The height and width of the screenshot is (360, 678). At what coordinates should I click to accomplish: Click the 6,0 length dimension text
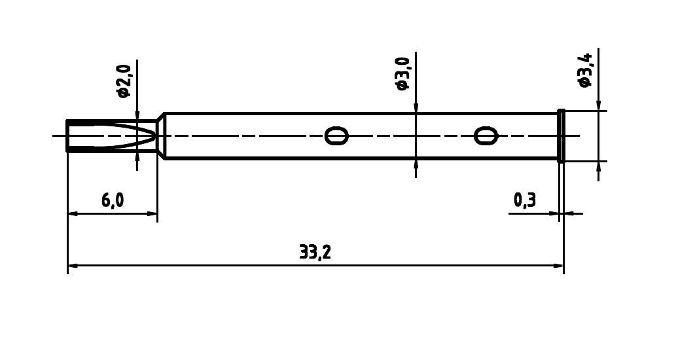113,200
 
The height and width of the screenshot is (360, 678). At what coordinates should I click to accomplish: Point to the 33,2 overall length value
315,253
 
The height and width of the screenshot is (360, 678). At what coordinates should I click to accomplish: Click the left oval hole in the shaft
336,136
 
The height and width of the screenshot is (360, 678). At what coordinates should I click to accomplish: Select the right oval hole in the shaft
485,136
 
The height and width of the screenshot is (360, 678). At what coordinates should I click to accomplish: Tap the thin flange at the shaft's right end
561,135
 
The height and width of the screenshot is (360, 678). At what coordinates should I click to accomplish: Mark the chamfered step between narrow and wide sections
160,135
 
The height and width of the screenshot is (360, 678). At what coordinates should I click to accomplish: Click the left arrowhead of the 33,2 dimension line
73,266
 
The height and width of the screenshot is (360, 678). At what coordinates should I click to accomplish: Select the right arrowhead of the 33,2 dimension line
558,266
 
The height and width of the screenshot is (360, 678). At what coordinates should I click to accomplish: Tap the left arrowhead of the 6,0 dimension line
73,213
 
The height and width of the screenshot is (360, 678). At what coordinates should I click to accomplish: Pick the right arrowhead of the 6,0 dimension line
152,213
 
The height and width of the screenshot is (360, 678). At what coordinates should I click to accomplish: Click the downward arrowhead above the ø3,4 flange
598,105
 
